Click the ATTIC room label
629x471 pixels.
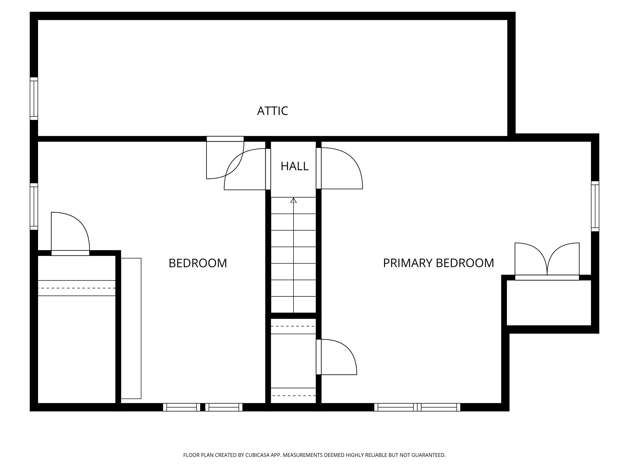click(272, 111)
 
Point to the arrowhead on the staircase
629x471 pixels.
click(293, 200)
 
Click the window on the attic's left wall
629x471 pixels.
click(34, 99)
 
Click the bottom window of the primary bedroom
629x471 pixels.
click(417, 407)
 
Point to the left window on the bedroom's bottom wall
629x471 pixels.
click(181, 407)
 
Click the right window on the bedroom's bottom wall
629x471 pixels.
click(224, 407)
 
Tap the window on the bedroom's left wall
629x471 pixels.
click(34, 206)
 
